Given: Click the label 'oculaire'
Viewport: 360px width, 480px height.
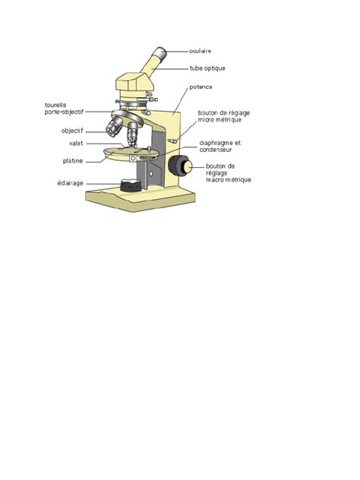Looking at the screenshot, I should pyautogui.click(x=200, y=51).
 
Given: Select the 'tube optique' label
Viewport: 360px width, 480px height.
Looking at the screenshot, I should pyautogui.click(x=207, y=68).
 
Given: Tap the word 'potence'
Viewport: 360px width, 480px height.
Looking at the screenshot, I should pyautogui.click(x=202, y=88).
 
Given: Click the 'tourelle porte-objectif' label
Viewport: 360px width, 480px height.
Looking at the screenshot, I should pyautogui.click(x=64, y=109).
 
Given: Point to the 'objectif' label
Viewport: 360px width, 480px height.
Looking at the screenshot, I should pyautogui.click(x=72, y=131).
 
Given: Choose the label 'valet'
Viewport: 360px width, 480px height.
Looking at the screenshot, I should pyautogui.click(x=76, y=144).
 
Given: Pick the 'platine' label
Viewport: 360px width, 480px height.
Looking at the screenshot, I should pyautogui.click(x=73, y=161).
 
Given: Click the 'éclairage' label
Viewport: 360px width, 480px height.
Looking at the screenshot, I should pyautogui.click(x=70, y=183).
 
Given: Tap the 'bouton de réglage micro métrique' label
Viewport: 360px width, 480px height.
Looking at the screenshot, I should pyautogui.click(x=224, y=116).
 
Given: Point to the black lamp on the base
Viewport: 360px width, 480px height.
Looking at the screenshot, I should pyautogui.click(x=128, y=185).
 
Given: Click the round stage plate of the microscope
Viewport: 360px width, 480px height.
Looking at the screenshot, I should pyautogui.click(x=122, y=155).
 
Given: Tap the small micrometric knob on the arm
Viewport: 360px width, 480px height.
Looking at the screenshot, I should pyautogui.click(x=173, y=140).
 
